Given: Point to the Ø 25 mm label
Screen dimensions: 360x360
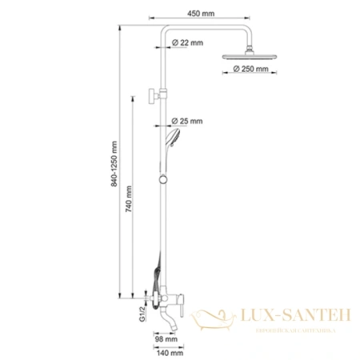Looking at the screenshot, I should [190, 122].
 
